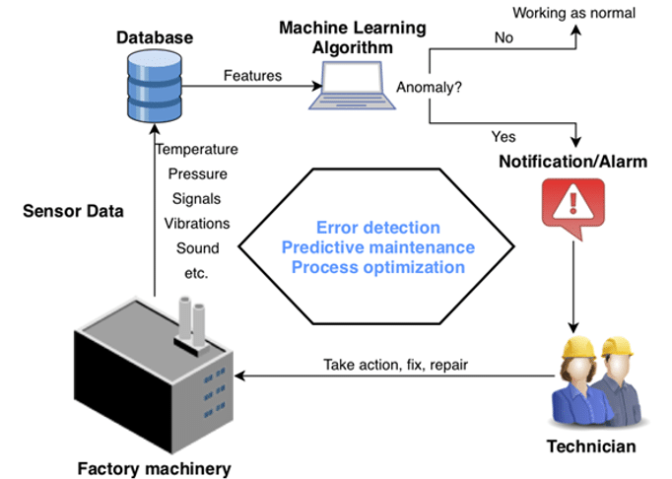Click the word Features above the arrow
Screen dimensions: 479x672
pyautogui.click(x=252, y=75)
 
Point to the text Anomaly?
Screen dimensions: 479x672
pyautogui.click(x=430, y=88)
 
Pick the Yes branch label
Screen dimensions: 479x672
pyautogui.click(x=503, y=136)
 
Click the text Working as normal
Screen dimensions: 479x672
pyautogui.click(x=574, y=13)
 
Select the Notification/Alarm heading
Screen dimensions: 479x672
pyautogui.click(x=572, y=161)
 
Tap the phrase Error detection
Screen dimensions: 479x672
pyautogui.click(x=377, y=228)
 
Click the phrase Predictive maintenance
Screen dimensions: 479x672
pyautogui.click(x=377, y=247)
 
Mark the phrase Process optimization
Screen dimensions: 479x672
pyautogui.click(x=377, y=267)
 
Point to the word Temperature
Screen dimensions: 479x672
pyautogui.click(x=197, y=150)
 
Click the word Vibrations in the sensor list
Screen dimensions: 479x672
pyautogui.click(x=197, y=224)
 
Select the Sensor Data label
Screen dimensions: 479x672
pyautogui.click(x=74, y=211)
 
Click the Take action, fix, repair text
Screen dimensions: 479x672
pyautogui.click(x=395, y=365)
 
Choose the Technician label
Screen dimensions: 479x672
pyautogui.click(x=591, y=446)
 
